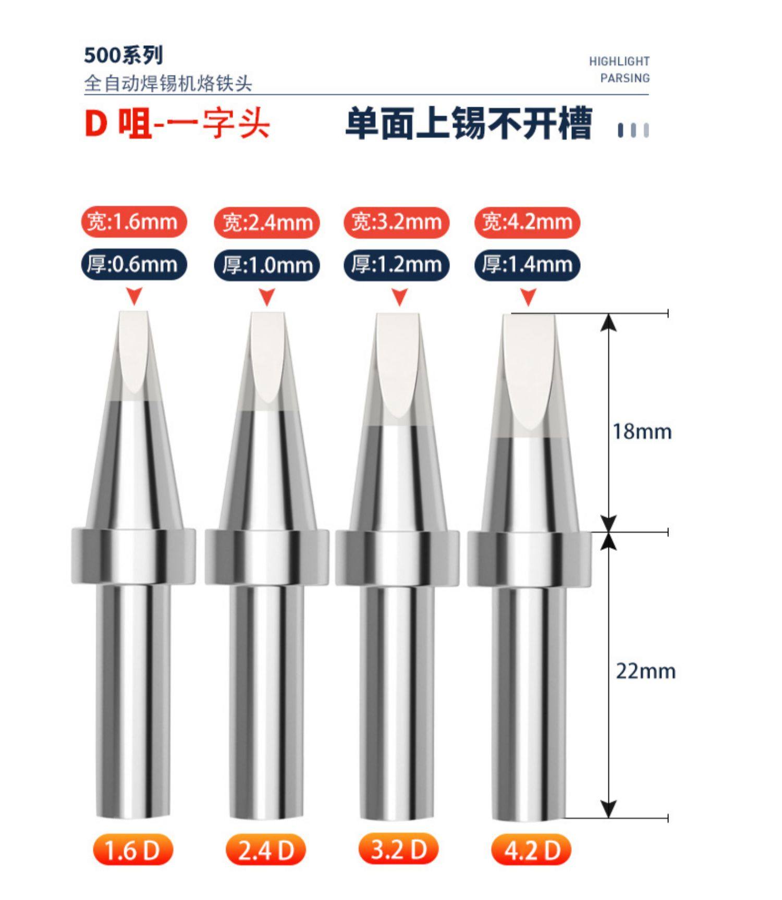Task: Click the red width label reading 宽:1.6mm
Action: tap(133, 222)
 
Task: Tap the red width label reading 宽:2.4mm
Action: tap(267, 223)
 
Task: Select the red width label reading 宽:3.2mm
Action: tap(396, 223)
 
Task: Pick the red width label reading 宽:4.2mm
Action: tap(527, 223)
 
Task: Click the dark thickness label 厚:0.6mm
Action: tap(133, 265)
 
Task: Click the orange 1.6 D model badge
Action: tap(132, 850)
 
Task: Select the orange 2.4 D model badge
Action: tap(266, 850)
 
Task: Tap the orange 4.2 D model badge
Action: tap(531, 850)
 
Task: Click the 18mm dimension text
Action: tap(642, 431)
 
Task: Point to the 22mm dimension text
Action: tap(645, 671)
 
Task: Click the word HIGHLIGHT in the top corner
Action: tap(619, 61)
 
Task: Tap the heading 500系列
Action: tap(124, 55)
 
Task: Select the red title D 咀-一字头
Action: tap(177, 124)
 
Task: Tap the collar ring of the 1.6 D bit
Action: tap(133, 557)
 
